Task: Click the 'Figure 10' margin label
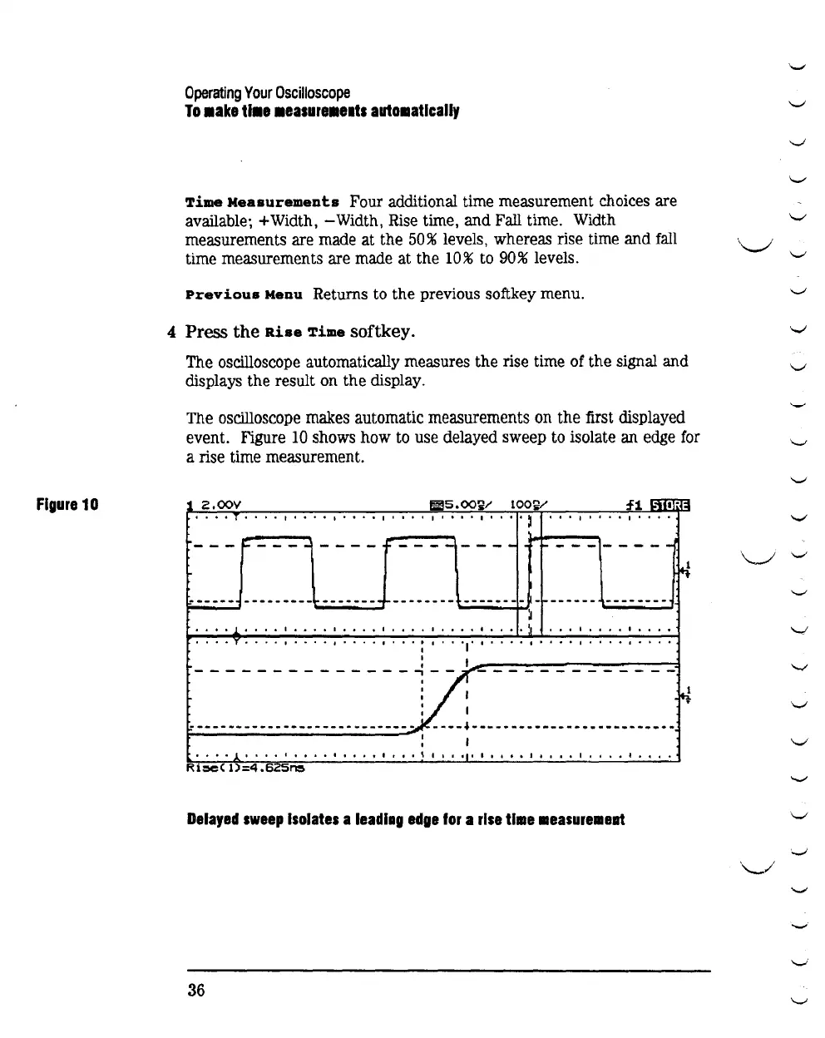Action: pyautogui.click(x=67, y=504)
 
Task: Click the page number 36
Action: pyautogui.click(x=196, y=990)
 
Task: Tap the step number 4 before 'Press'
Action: pyautogui.click(x=172, y=332)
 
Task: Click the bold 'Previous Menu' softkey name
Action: pyautogui.click(x=245, y=294)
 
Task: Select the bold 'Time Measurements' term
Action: pyautogui.click(x=262, y=202)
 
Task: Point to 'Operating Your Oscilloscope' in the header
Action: pyautogui.click(x=267, y=92)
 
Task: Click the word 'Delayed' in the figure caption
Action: pyautogui.click(x=214, y=819)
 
